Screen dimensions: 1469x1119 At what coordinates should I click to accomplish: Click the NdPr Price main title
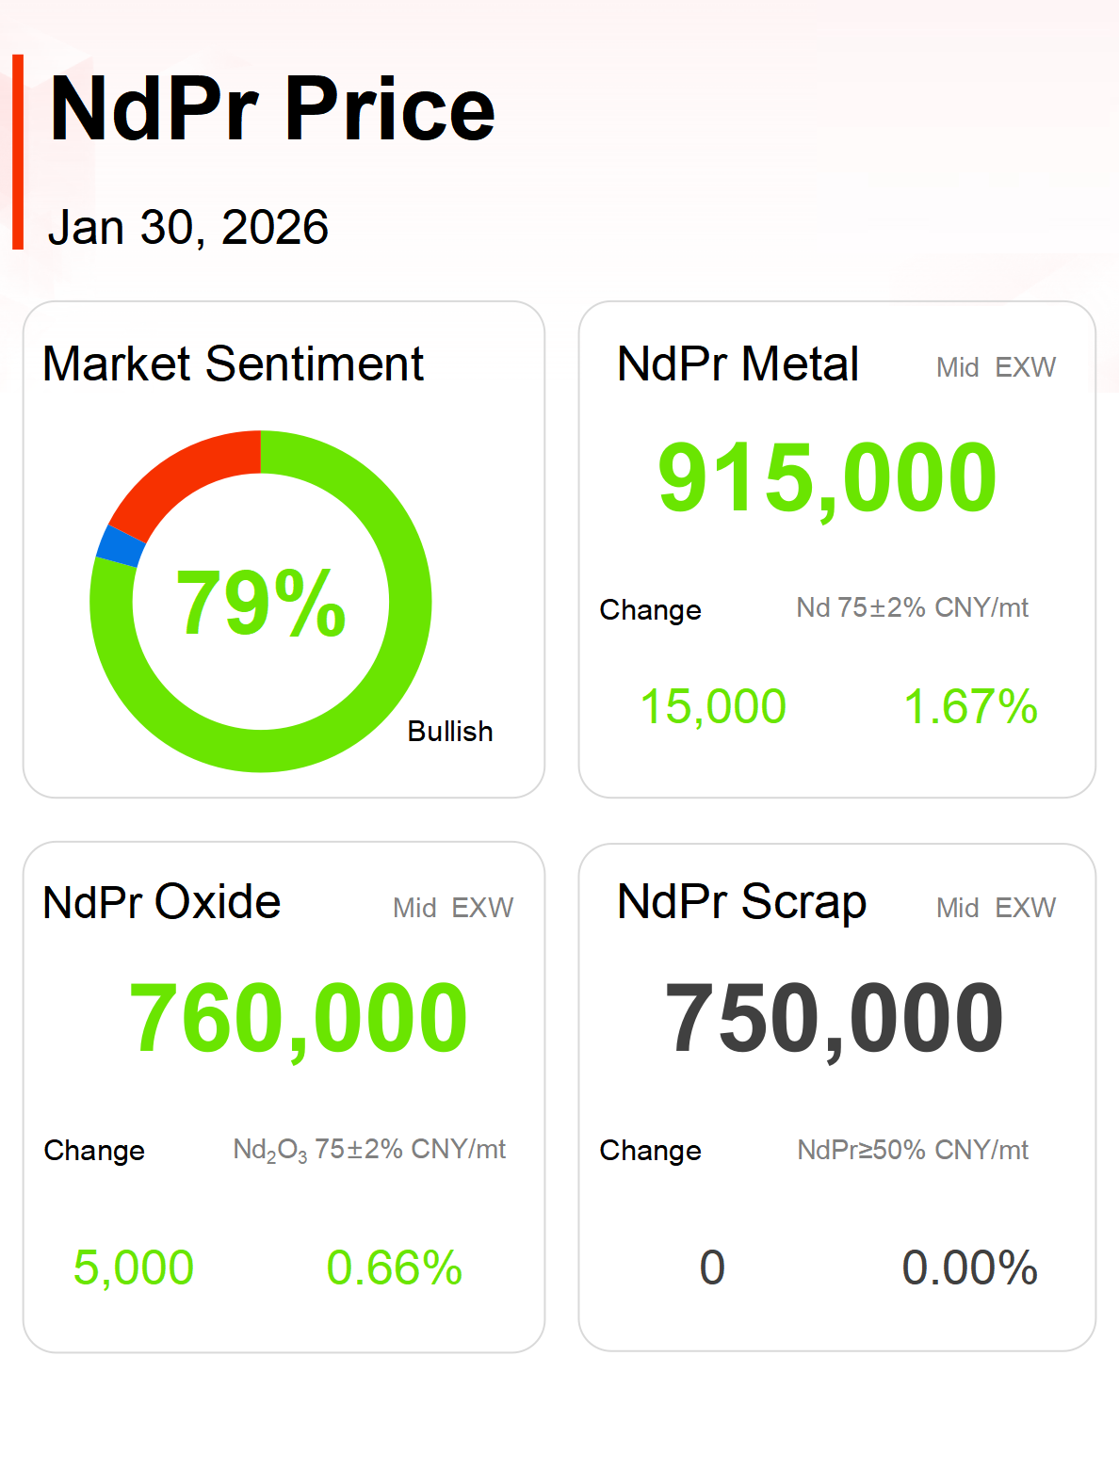tap(272, 110)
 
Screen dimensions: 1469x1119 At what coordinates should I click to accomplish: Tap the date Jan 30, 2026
tap(188, 228)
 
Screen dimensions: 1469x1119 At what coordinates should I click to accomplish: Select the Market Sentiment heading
tap(233, 364)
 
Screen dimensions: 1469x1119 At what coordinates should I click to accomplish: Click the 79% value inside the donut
tap(261, 603)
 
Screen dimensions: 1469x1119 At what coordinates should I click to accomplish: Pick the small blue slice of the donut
tap(121, 547)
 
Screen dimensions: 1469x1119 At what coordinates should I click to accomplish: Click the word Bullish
tap(450, 732)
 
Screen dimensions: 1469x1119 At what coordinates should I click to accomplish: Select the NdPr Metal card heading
tap(738, 364)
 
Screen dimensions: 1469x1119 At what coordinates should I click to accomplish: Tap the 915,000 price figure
tap(827, 478)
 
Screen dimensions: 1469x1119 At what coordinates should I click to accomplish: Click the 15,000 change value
tap(713, 706)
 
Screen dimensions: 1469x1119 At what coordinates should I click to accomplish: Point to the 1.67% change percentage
tap(970, 706)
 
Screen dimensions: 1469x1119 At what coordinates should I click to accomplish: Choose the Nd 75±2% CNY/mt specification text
tap(912, 608)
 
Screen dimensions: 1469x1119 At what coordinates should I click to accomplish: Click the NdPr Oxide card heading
tap(162, 902)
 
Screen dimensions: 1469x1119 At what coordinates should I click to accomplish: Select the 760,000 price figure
tap(298, 1019)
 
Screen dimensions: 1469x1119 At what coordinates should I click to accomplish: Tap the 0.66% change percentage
tap(394, 1267)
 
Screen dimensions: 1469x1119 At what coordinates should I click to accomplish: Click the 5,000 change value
tap(134, 1267)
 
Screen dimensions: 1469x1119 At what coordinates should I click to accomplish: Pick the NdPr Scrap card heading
tap(741, 902)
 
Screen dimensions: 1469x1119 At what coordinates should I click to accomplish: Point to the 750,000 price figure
tap(834, 1019)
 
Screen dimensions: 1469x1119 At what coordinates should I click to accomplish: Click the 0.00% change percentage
tap(969, 1267)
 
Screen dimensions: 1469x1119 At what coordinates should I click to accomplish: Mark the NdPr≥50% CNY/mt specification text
tap(912, 1150)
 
